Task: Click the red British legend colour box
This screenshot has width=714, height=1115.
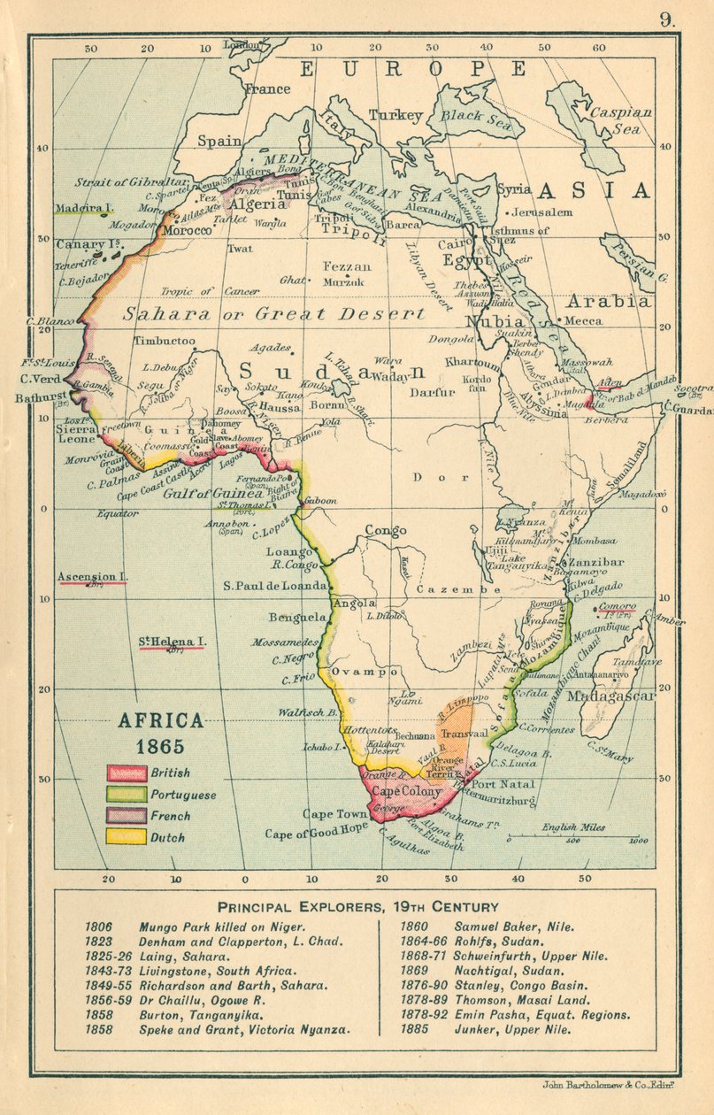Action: pyautogui.click(x=126, y=773)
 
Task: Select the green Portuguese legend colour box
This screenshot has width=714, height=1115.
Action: pyautogui.click(x=126, y=794)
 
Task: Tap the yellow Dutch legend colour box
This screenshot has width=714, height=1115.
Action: pyautogui.click(x=126, y=835)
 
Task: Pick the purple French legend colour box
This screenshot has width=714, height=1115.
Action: pyautogui.click(x=126, y=815)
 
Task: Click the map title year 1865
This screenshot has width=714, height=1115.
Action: pyautogui.click(x=160, y=745)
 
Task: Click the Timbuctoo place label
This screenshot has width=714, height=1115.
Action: pyautogui.click(x=164, y=341)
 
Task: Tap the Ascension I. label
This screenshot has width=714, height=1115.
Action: pyautogui.click(x=93, y=577)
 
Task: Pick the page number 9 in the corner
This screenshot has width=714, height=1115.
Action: pyautogui.click(x=666, y=19)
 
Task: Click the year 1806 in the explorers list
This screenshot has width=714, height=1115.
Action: pyautogui.click(x=98, y=927)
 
